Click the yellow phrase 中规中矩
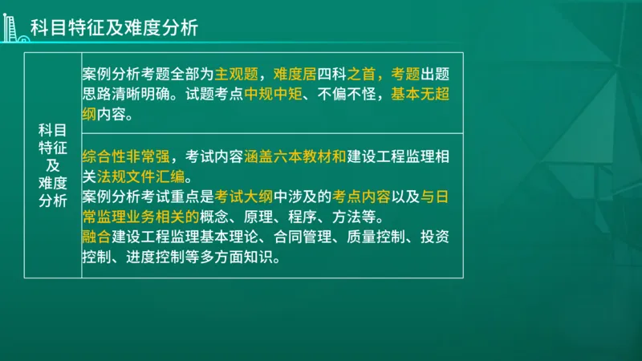272,95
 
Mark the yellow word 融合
95,237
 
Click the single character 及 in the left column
52,164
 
